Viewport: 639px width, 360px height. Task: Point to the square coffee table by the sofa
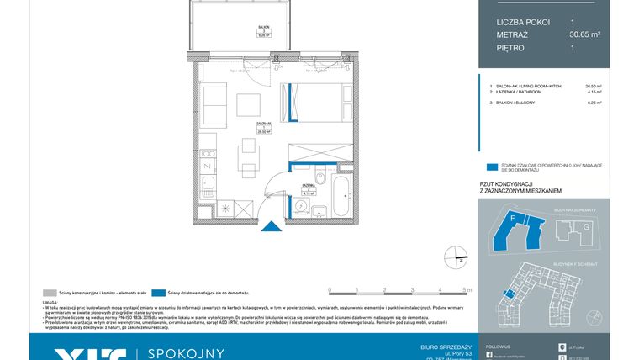[249, 104]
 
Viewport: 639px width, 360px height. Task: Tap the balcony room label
[262, 33]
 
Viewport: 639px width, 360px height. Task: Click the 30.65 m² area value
[584, 34]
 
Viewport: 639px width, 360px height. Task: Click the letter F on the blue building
[512, 218]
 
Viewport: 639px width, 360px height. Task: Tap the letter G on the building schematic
[587, 226]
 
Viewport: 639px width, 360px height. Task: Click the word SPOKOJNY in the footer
[187, 353]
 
